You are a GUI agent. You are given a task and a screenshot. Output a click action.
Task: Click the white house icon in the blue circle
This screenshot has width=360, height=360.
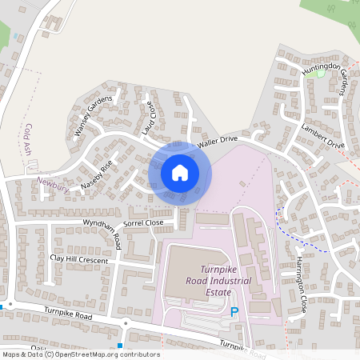click(180, 173)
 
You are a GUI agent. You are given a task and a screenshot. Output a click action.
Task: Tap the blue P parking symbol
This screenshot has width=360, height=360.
click(234, 313)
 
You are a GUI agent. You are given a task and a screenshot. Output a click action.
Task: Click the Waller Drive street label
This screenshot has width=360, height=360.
click(218, 141)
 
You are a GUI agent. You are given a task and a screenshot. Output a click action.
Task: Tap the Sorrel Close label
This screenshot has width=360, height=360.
click(143, 222)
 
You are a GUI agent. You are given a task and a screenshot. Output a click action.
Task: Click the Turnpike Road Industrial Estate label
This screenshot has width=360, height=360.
click(217, 281)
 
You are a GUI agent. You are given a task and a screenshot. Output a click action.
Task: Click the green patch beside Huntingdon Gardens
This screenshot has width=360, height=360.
click(321, 74)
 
